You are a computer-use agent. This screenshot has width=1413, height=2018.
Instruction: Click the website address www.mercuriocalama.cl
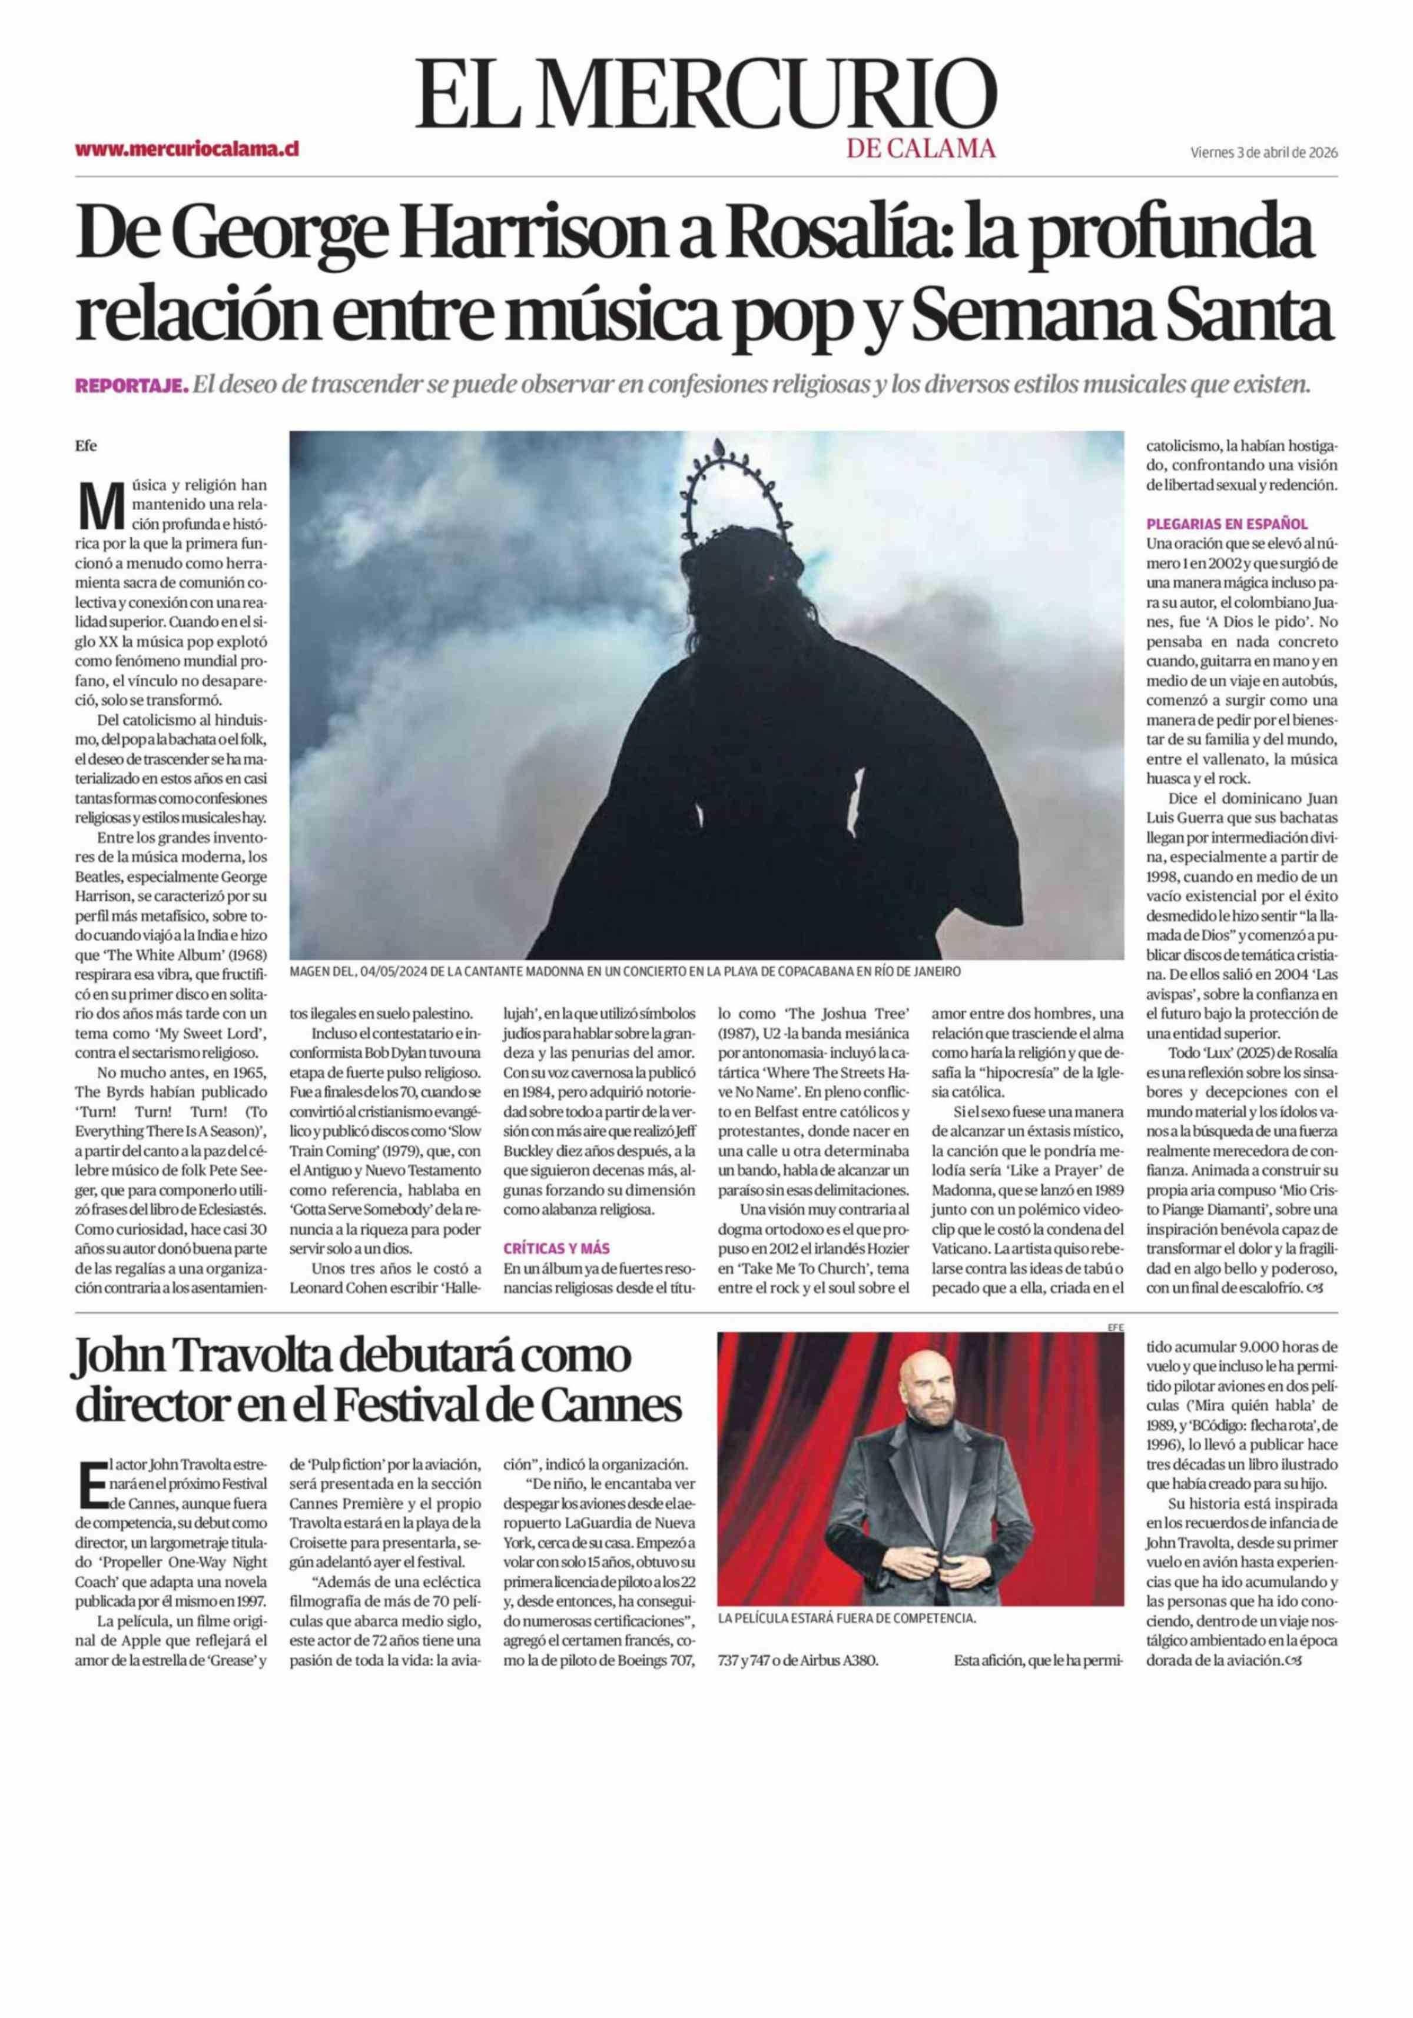tap(187, 149)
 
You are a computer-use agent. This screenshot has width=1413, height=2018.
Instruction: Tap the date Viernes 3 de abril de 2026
tap(1263, 152)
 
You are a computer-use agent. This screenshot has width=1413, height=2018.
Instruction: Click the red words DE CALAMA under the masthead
tap(921, 148)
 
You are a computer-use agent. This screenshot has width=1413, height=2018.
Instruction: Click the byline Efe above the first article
tap(86, 445)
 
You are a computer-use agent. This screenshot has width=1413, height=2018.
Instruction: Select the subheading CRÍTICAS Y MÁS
tap(556, 1247)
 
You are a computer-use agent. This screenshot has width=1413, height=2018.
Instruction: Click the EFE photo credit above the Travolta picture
tap(1116, 1327)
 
